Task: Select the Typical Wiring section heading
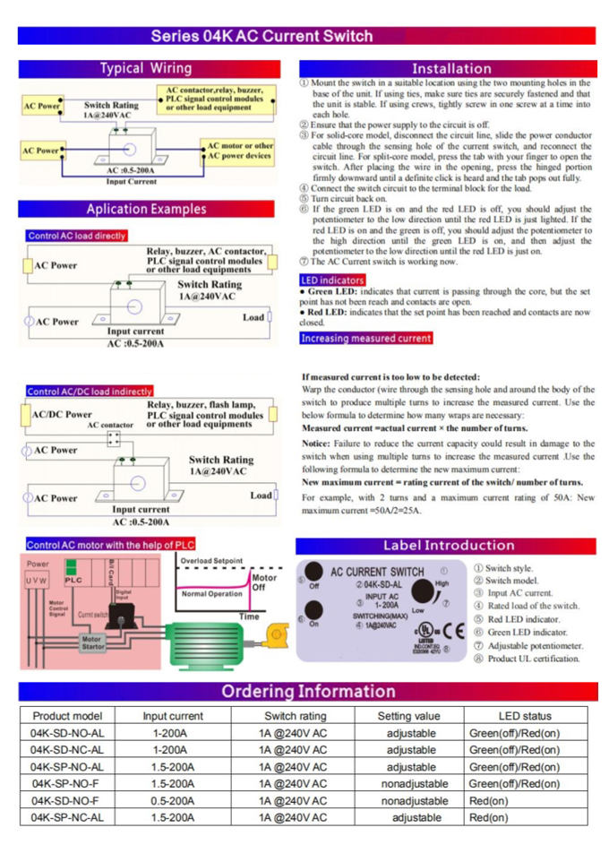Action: [145, 69]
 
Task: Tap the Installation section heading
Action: [451, 69]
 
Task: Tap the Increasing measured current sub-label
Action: [365, 339]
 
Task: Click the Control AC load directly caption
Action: [77, 237]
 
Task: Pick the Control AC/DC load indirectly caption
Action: [90, 391]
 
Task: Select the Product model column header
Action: [67, 716]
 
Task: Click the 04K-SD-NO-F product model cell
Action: [67, 800]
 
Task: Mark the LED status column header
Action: [525, 716]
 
